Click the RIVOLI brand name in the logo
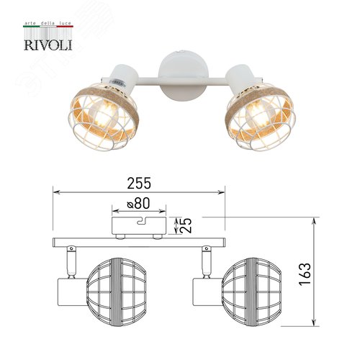click(48, 45)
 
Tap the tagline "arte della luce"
click(48, 23)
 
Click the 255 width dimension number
click(139, 184)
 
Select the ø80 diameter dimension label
click(139, 203)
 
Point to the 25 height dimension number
click(186, 225)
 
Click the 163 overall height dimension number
click(305, 274)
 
